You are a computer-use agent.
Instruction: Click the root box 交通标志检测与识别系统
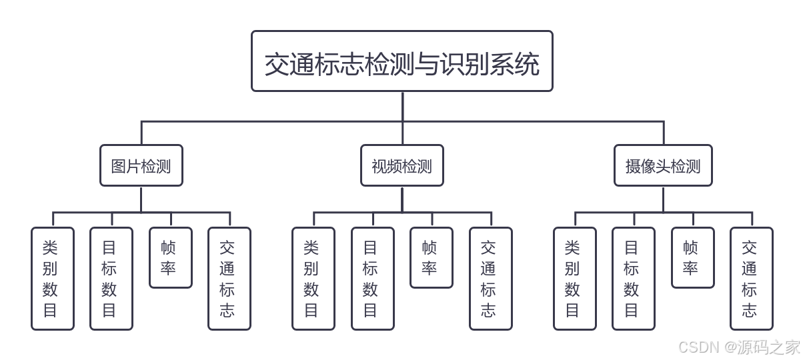(x=401, y=61)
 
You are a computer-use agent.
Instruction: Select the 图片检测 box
(x=141, y=165)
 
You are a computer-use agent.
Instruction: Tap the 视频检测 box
(x=401, y=165)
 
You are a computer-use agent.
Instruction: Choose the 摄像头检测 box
(x=663, y=165)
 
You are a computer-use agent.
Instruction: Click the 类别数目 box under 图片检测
(x=52, y=279)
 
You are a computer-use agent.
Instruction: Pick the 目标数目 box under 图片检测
(x=111, y=279)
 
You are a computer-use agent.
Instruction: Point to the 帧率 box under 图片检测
(x=170, y=257)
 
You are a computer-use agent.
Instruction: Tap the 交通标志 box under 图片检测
(x=229, y=279)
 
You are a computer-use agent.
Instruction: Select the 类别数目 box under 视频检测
(x=313, y=279)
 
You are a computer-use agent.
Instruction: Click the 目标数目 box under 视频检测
(x=372, y=279)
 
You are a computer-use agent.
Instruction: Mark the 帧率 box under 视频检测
(x=431, y=257)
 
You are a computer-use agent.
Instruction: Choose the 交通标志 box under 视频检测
(x=490, y=279)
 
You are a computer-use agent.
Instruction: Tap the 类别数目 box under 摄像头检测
(x=574, y=279)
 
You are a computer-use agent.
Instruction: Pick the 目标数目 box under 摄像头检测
(x=633, y=279)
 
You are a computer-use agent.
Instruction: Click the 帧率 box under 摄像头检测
(x=692, y=257)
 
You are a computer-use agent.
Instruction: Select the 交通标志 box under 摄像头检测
(x=751, y=279)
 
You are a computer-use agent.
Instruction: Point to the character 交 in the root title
(x=277, y=65)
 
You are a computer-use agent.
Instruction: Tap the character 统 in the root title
(x=528, y=65)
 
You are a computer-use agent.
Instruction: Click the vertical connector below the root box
(x=402, y=107)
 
